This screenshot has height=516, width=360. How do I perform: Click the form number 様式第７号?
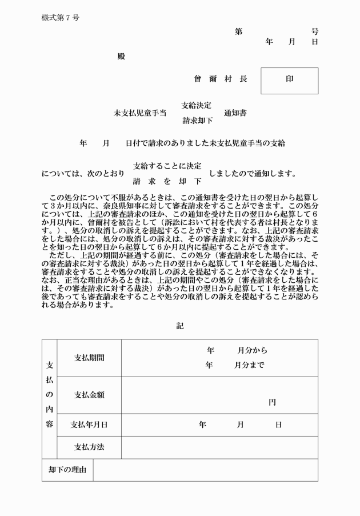pos(60,18)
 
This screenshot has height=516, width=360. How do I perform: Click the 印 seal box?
pos(289,80)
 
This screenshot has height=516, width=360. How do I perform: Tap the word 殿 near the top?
pos(121,56)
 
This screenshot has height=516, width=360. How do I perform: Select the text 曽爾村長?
pos(220,79)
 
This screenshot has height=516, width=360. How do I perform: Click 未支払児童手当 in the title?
pos(140,113)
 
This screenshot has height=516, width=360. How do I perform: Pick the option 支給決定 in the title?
pos(197,105)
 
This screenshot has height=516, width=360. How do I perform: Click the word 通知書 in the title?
pos(235,113)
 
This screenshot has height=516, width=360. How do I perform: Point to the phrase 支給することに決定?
pos(167,166)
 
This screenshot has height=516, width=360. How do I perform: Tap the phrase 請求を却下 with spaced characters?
pos(167,181)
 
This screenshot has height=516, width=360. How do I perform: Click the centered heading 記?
pos(180,326)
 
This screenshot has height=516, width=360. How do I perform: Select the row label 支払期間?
pos(89,358)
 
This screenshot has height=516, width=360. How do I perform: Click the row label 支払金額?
pos(89,394)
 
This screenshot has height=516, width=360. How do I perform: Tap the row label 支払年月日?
pos(89,425)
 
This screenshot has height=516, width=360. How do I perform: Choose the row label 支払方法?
pos(89,447)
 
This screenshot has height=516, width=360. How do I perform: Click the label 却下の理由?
pos(67,470)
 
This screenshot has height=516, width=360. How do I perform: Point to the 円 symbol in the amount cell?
pos(273,402)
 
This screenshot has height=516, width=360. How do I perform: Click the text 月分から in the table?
pos(252,350)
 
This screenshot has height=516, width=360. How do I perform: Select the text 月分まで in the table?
pos(249,365)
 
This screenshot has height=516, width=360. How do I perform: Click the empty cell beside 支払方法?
pos(219,447)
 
